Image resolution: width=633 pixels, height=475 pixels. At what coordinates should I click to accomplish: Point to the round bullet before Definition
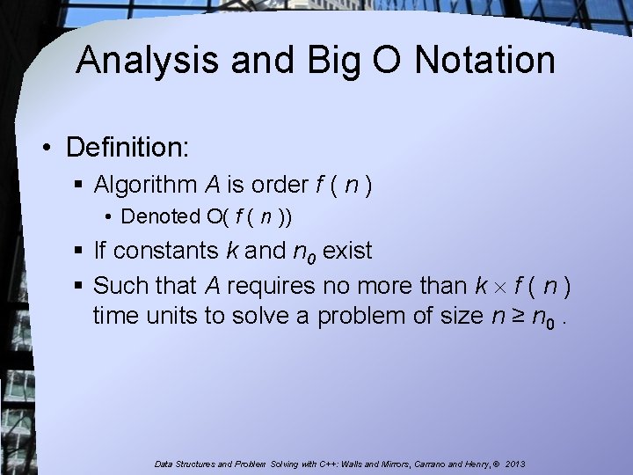pos(50,147)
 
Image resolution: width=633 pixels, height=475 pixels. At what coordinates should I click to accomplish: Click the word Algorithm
pos(146,186)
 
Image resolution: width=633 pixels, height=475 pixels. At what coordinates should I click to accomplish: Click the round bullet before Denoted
pos(111,217)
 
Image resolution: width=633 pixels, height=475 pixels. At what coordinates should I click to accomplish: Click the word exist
pos(348,252)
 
